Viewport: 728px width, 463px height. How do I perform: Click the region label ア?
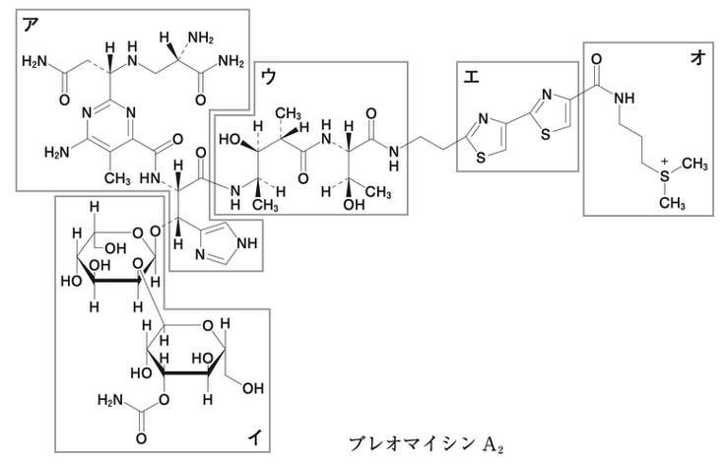[x=31, y=25]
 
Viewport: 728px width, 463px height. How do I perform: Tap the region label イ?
[x=254, y=436]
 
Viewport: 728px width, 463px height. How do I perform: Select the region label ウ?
[x=269, y=77]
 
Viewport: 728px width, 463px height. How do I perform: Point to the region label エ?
[x=472, y=77]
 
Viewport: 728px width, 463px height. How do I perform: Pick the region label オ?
[x=697, y=57]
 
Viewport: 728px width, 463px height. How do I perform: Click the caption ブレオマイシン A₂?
[x=426, y=444]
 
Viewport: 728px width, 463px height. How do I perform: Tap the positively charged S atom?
[x=665, y=176]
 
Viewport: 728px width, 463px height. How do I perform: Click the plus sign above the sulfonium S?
[x=665, y=163]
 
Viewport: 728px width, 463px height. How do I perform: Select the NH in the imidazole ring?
[x=246, y=243]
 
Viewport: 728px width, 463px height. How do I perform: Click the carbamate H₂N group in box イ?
[x=110, y=399]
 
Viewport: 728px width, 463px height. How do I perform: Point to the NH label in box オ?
[x=624, y=98]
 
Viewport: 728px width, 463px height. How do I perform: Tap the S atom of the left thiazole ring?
[x=481, y=158]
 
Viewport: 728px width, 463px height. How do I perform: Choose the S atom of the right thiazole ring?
[x=546, y=135]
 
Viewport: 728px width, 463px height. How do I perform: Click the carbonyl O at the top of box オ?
[x=597, y=59]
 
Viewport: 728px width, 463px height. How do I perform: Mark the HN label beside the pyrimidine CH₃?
[x=150, y=177]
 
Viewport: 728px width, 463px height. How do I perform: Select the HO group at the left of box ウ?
[x=230, y=139]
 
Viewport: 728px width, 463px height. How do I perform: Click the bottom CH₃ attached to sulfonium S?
[x=672, y=203]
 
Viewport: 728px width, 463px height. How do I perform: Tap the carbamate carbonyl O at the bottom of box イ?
[x=141, y=438]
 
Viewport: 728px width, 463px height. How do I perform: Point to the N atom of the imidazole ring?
[x=200, y=254]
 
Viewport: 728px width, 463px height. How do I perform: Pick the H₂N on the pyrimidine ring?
[x=56, y=152]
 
